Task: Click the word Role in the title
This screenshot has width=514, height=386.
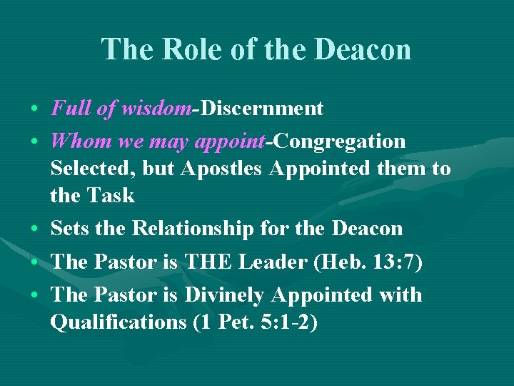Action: point(184,50)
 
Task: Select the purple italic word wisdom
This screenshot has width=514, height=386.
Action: point(156,109)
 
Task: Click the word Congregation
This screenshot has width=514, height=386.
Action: point(339,142)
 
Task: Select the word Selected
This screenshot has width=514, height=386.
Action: point(93,169)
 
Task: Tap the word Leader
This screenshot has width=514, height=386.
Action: point(274,262)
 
